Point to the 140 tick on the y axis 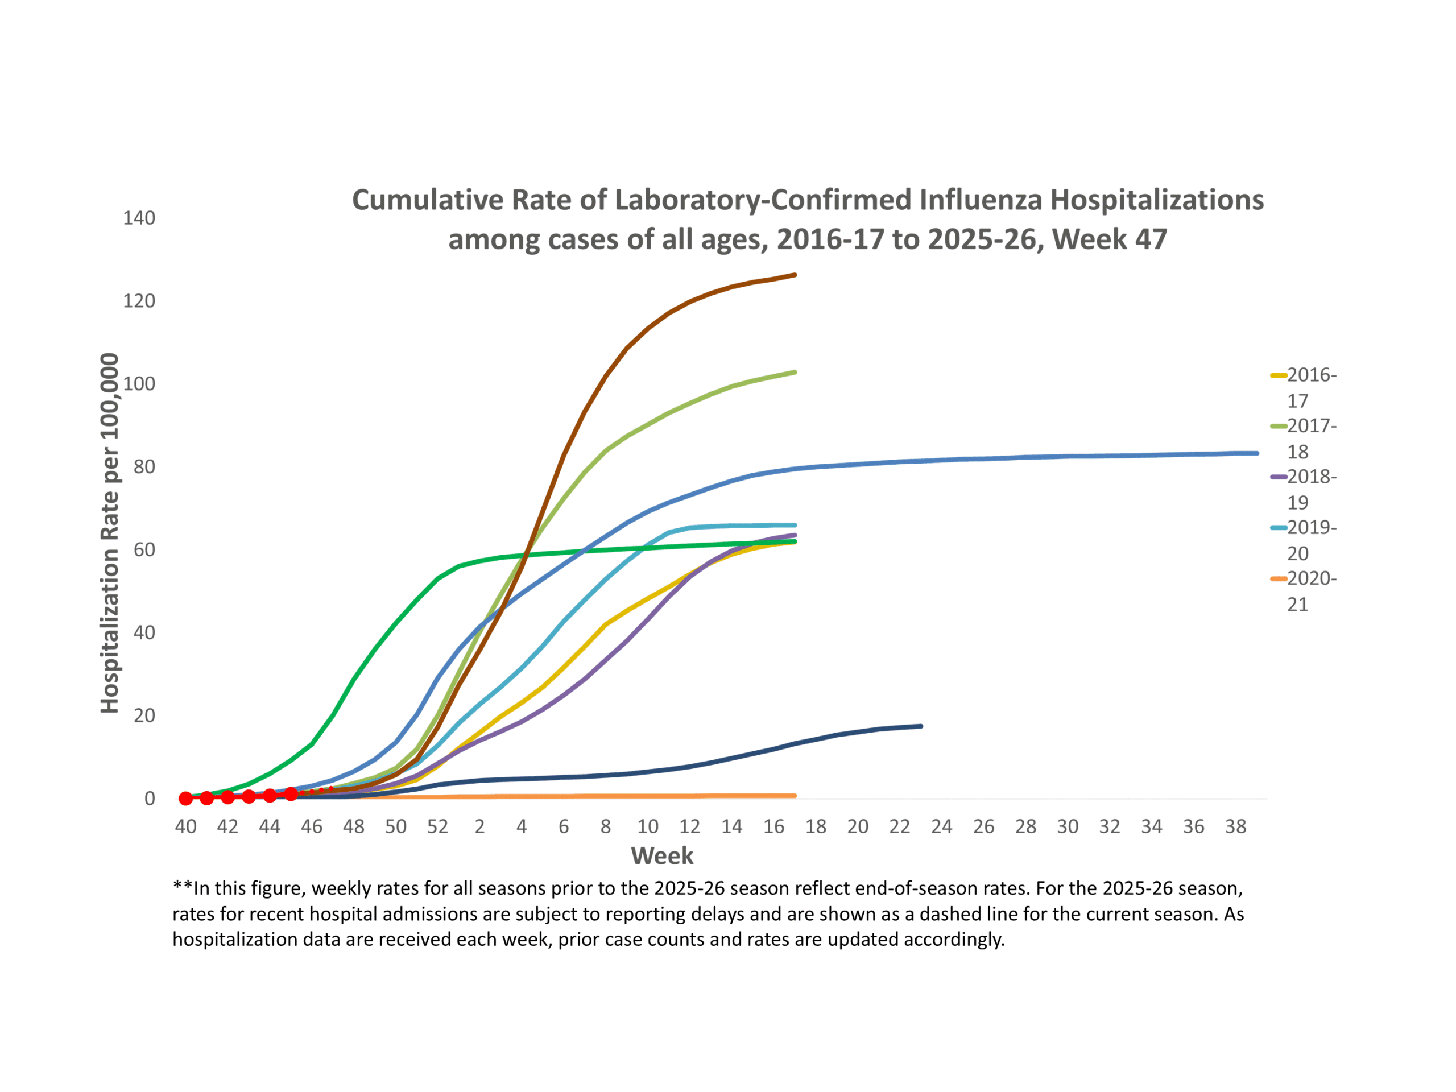139,218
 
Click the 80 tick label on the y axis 144,467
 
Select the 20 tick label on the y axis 144,715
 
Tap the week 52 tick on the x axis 438,827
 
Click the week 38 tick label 1235,827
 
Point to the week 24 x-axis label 941,827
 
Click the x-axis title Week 661,856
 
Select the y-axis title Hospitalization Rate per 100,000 109,533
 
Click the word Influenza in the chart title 980,200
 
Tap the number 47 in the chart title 1151,239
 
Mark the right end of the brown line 795,275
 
